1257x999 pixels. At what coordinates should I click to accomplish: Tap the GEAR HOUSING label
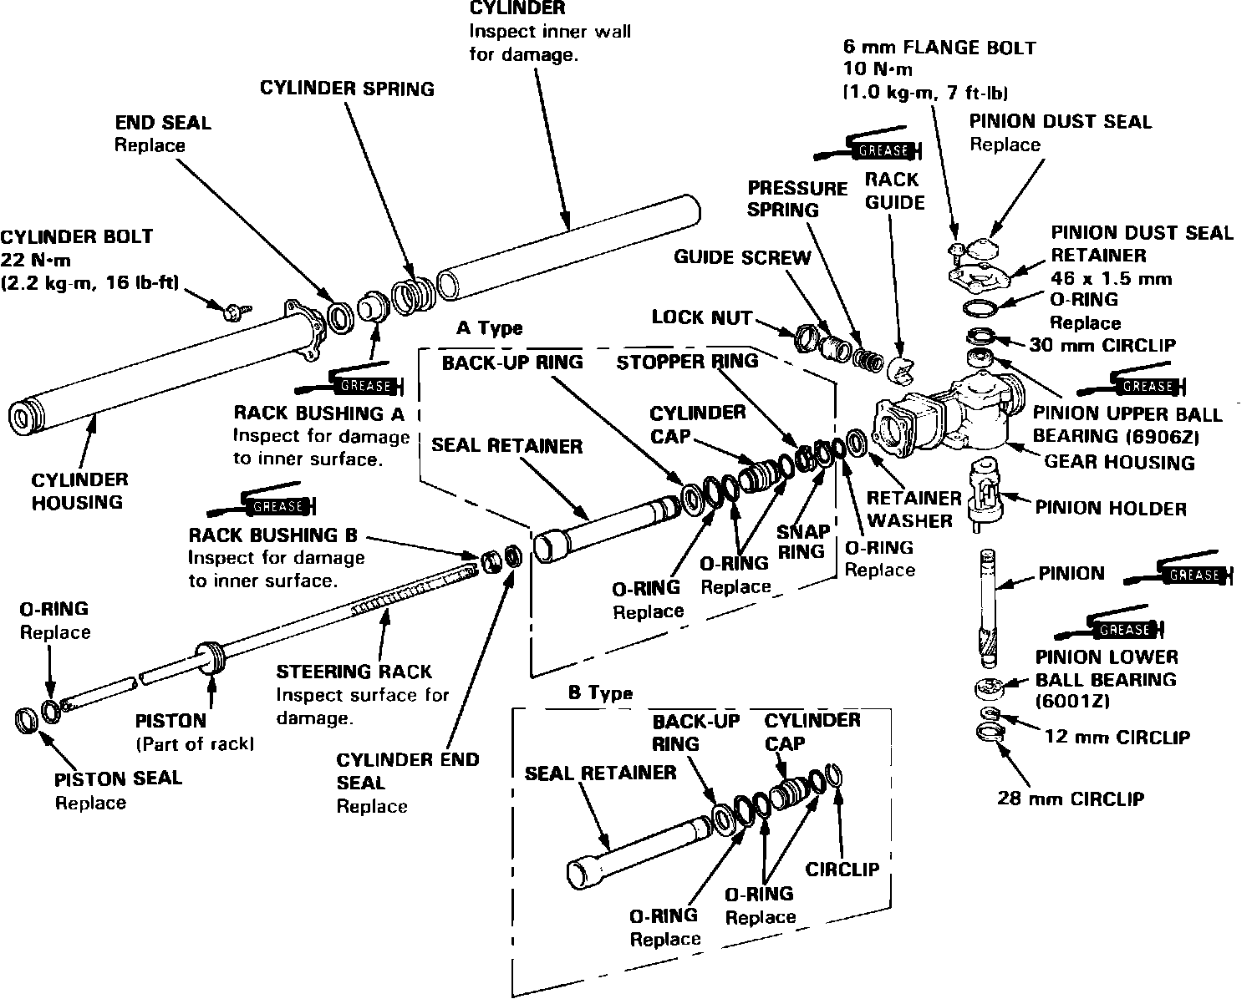point(1120,461)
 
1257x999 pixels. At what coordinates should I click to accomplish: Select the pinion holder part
point(984,493)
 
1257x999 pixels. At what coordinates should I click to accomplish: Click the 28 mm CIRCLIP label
point(1070,798)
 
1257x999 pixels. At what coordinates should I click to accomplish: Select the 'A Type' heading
point(489,328)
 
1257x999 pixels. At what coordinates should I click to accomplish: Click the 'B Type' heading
point(599,693)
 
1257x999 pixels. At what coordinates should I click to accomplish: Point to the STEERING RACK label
point(354,672)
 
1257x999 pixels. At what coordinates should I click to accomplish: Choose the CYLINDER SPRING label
point(347,89)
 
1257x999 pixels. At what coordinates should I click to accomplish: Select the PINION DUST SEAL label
point(1060,121)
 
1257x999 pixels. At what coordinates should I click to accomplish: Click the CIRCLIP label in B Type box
point(842,869)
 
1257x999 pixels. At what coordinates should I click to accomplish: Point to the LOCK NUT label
point(701,317)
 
